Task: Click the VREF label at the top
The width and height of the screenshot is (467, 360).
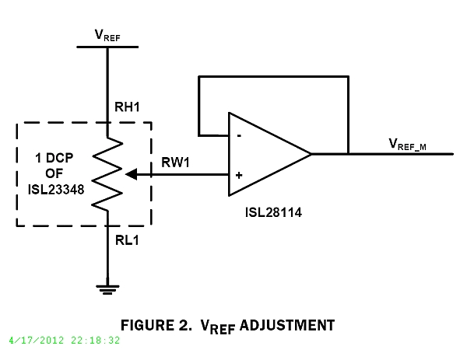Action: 107,34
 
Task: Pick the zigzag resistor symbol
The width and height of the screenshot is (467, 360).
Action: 107,175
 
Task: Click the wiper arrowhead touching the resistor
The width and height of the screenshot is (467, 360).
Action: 129,175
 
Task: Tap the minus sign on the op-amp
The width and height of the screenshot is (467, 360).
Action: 237,135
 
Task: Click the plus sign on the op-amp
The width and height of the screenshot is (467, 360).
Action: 237,175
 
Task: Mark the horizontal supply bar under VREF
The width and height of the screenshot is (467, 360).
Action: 107,47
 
